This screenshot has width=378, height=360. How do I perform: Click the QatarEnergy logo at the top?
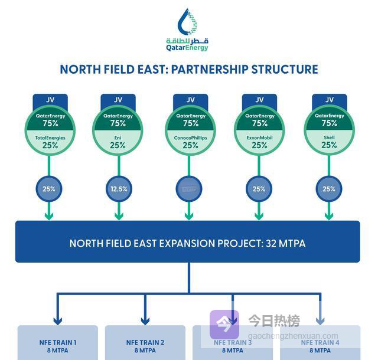coord(188,30)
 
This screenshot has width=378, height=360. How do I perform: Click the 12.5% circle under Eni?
coord(118,189)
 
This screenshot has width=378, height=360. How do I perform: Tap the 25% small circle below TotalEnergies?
coord(50,189)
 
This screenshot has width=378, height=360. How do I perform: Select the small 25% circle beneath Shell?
coord(329,189)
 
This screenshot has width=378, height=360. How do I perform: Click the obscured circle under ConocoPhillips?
coord(189,189)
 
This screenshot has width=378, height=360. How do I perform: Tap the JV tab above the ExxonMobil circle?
coord(259,100)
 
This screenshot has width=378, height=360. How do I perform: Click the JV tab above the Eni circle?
coord(118,100)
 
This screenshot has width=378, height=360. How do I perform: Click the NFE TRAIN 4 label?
coord(320,342)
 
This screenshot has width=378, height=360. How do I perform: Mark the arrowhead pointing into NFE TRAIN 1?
coord(57,320)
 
